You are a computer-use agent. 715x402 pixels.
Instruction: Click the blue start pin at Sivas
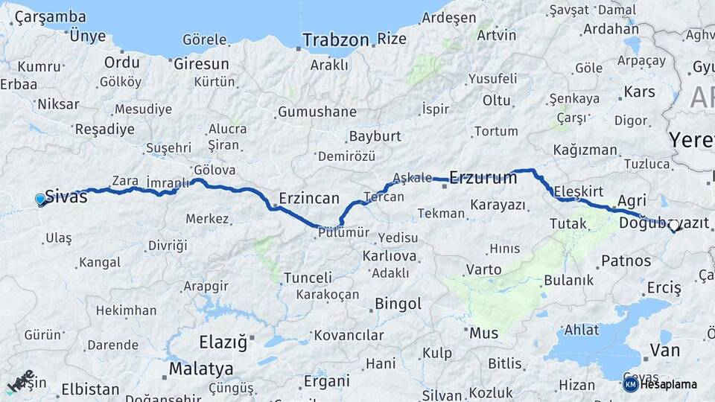click(x=40, y=199)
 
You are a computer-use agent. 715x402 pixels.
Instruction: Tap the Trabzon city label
click(x=336, y=39)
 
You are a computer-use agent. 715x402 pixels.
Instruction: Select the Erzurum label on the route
click(x=483, y=177)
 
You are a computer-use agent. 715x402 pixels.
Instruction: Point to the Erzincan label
click(x=309, y=199)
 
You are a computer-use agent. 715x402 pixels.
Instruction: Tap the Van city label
click(x=664, y=350)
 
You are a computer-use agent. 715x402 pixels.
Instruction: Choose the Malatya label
click(x=201, y=368)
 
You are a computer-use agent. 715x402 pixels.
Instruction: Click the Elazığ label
click(x=222, y=342)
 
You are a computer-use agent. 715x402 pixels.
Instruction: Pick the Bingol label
click(x=398, y=304)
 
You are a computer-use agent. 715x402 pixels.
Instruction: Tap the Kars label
click(x=639, y=92)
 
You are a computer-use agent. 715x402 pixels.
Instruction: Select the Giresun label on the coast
click(x=201, y=64)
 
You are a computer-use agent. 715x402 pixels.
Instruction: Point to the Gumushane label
click(x=317, y=112)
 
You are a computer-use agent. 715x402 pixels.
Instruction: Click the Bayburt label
click(x=375, y=137)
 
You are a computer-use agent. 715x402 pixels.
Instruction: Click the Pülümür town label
click(x=343, y=232)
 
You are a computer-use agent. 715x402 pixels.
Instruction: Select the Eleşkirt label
click(x=574, y=192)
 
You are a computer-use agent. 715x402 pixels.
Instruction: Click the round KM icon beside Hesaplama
click(x=630, y=384)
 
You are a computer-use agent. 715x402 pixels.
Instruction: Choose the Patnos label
click(x=626, y=261)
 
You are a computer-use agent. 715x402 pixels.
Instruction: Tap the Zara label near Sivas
click(x=125, y=180)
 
